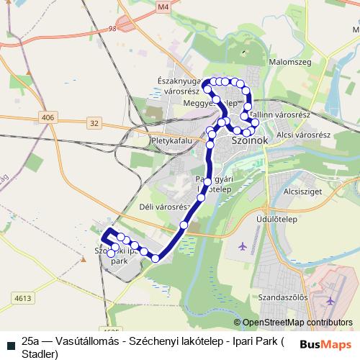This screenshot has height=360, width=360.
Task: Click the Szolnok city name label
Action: click(x=251, y=143)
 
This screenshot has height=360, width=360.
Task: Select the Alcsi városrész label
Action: click(x=303, y=135)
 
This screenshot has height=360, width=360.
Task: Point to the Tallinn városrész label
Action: click(x=280, y=114)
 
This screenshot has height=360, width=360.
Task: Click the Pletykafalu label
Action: click(x=172, y=140)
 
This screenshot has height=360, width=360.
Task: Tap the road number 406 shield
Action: click(x=48, y=117)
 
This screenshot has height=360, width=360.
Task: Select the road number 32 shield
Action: click(x=95, y=124)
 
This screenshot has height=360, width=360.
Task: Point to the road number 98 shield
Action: click(x=112, y=29)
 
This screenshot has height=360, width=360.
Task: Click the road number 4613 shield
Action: click(x=22, y=297)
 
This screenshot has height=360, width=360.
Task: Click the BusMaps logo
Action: click(x=325, y=343)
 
